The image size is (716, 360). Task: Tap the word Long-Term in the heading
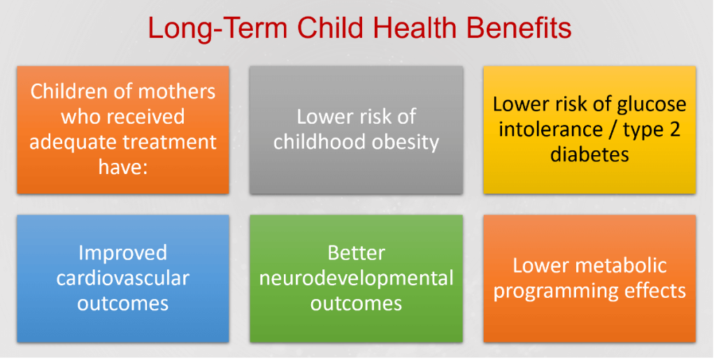point(218,28)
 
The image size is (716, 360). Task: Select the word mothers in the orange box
point(177,92)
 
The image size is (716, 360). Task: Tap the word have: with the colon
point(123,167)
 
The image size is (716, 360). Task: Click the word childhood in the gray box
point(316,142)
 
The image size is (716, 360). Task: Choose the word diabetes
point(589,154)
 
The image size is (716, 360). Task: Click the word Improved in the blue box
point(123,253)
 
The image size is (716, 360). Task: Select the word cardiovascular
point(123,278)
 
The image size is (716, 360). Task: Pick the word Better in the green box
point(356,253)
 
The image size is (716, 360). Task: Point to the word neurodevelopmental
point(356,278)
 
